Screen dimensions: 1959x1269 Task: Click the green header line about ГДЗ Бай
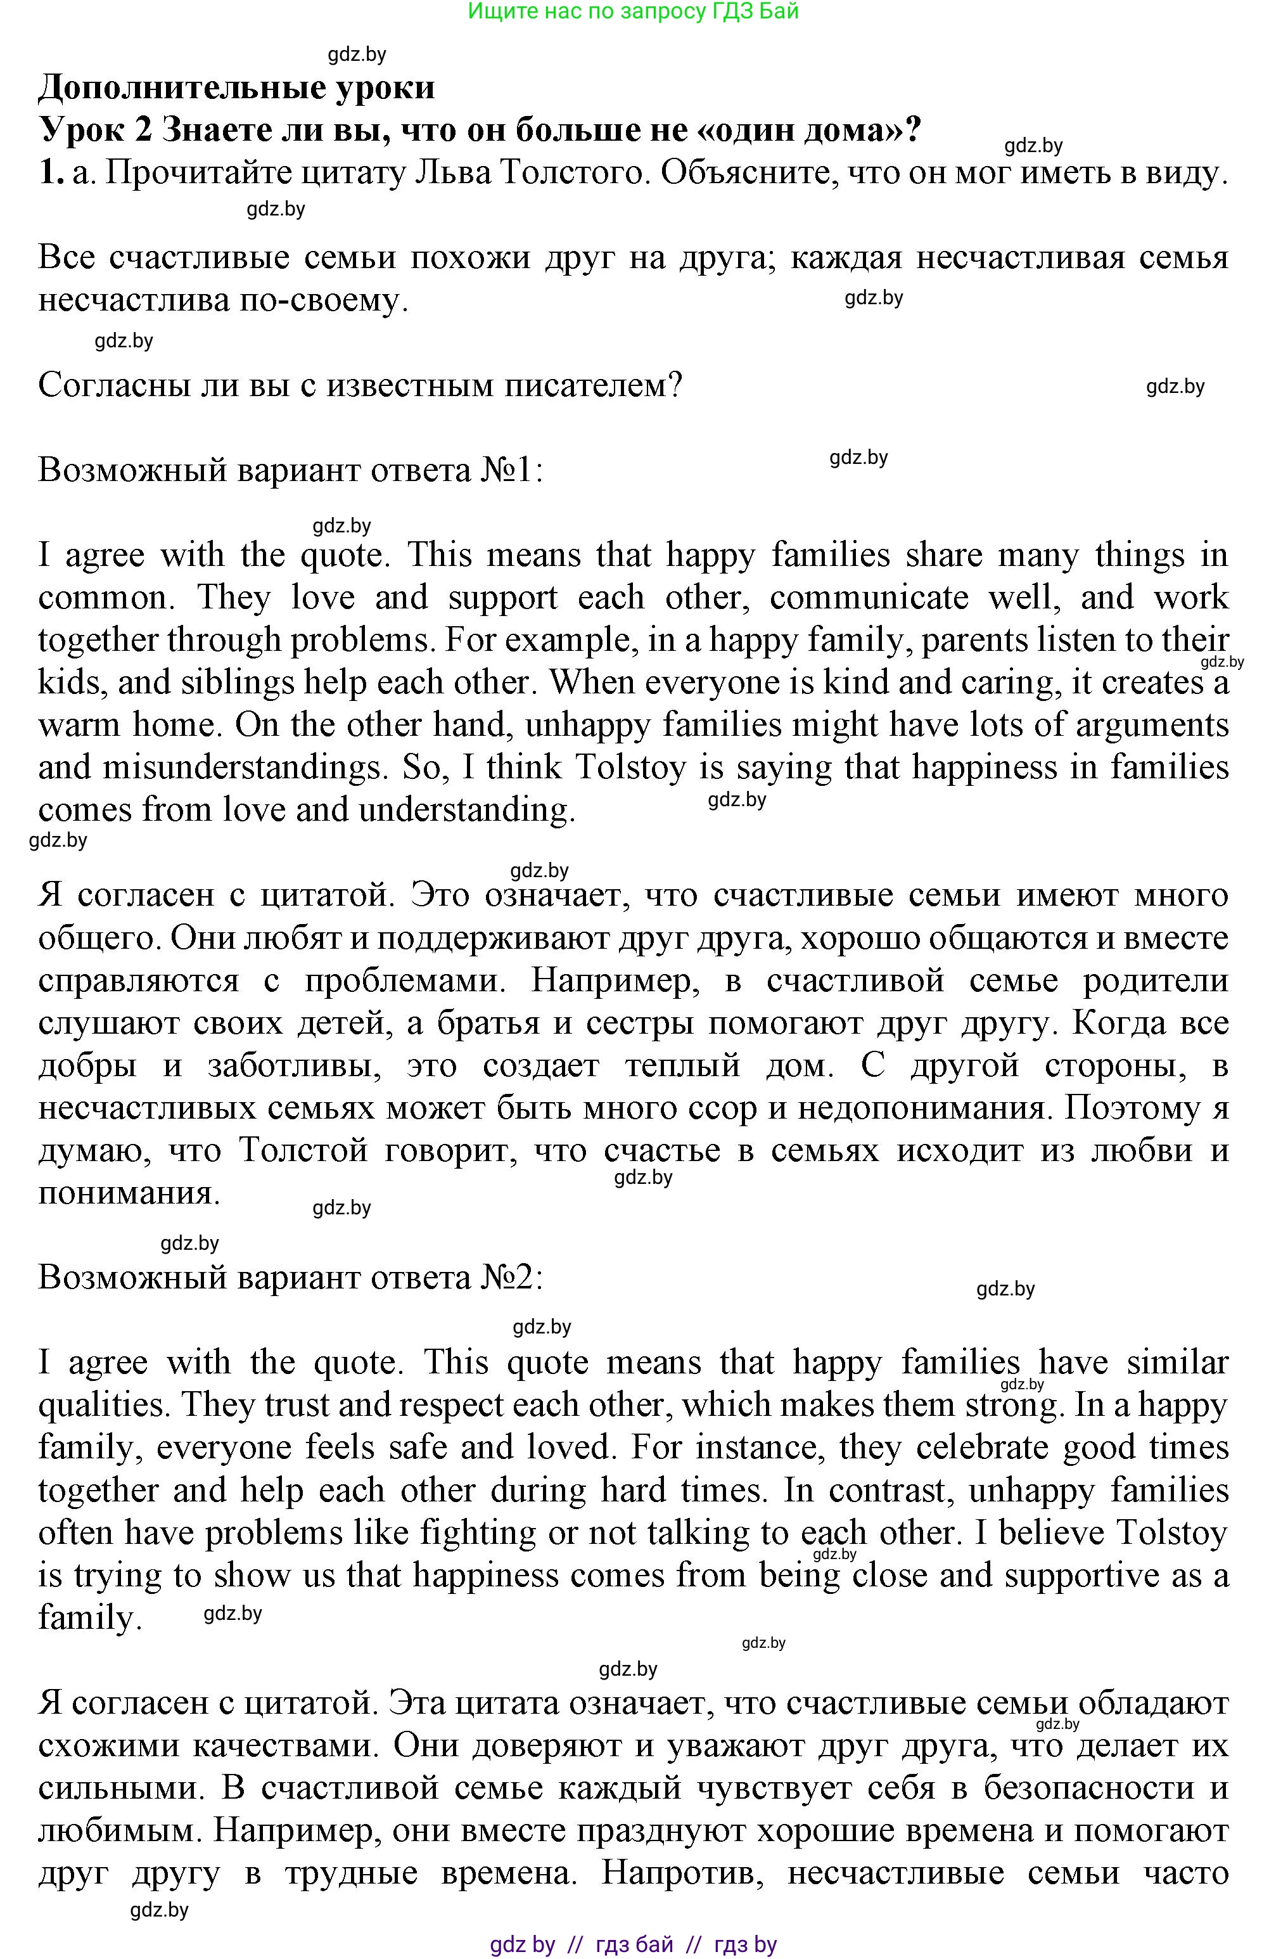633,11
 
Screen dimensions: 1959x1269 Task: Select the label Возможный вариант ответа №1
291,471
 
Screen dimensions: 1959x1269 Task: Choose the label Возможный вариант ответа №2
291,1278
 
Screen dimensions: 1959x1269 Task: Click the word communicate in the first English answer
869,598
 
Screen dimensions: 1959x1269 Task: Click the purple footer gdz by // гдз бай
633,1944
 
